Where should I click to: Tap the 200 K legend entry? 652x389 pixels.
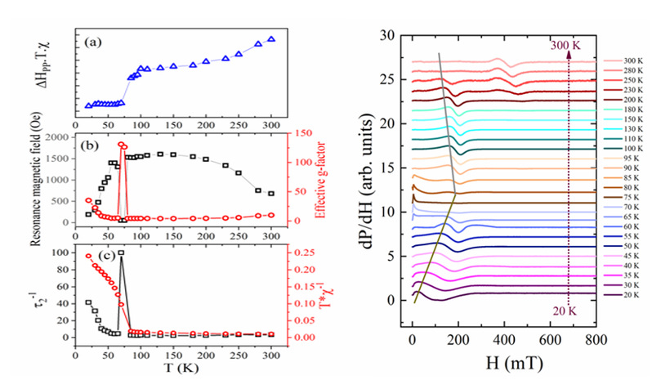630,101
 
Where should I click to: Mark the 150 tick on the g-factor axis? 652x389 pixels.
293,134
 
